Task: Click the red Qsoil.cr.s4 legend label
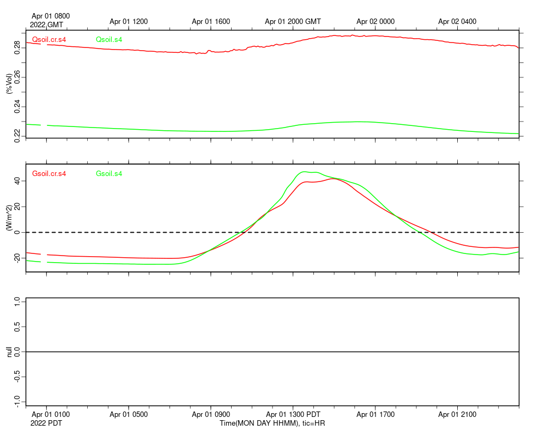pos(49,39)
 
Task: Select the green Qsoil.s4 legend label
pos(108,39)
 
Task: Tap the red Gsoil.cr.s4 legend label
pos(49,174)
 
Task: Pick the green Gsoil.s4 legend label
pos(108,174)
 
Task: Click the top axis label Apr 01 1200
pos(129,22)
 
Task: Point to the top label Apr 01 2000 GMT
pos(293,22)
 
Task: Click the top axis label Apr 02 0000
pos(376,22)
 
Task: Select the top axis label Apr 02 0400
pos(457,22)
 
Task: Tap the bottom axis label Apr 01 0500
pos(129,415)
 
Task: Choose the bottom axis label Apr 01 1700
pos(376,415)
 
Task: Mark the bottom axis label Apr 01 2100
pos(457,415)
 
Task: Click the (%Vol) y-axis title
pos(9,83)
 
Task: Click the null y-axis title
pos(9,352)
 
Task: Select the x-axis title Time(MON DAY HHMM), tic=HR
pos(272,423)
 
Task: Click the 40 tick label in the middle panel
pos(18,181)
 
